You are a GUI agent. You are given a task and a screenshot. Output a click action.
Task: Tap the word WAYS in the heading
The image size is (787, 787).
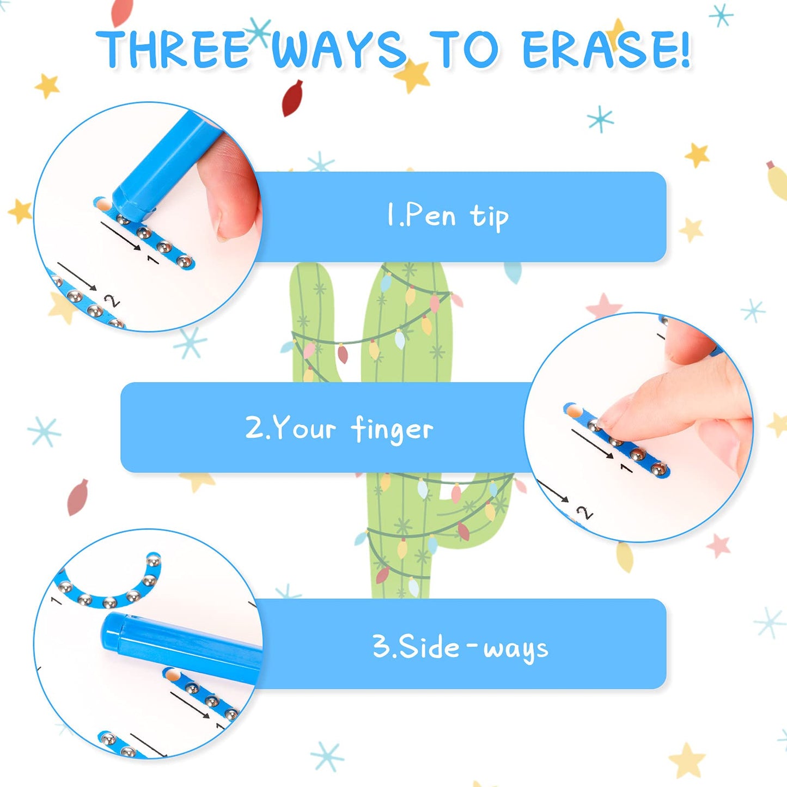coord(339,49)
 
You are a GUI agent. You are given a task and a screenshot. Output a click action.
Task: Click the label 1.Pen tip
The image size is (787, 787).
coord(448,216)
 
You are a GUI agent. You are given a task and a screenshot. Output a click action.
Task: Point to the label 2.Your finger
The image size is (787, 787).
coord(339,428)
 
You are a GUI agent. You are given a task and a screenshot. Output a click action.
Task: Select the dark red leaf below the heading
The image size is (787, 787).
coord(292,98)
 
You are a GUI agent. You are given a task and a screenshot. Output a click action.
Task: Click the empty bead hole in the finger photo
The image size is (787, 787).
coord(572,410)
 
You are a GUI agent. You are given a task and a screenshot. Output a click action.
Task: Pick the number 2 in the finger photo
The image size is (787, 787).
coord(585,513)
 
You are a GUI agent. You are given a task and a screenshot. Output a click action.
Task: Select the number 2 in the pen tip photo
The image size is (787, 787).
coord(112,301)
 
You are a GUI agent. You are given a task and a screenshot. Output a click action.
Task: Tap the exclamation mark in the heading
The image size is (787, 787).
coord(684,49)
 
